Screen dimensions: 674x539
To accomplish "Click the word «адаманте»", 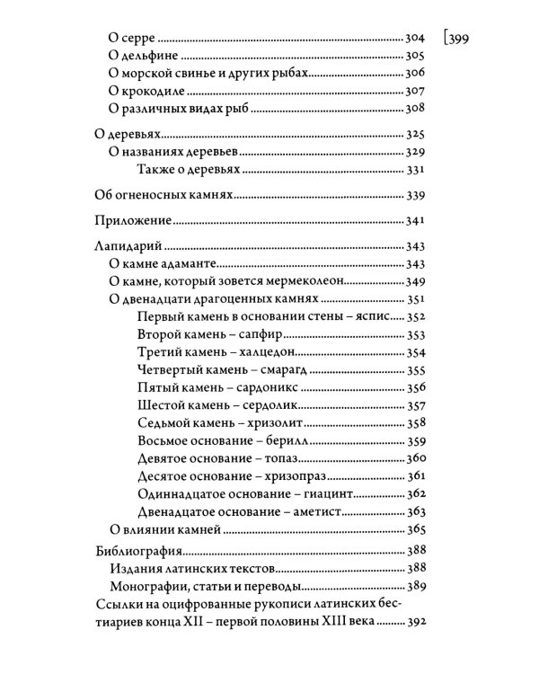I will point(183,264).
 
